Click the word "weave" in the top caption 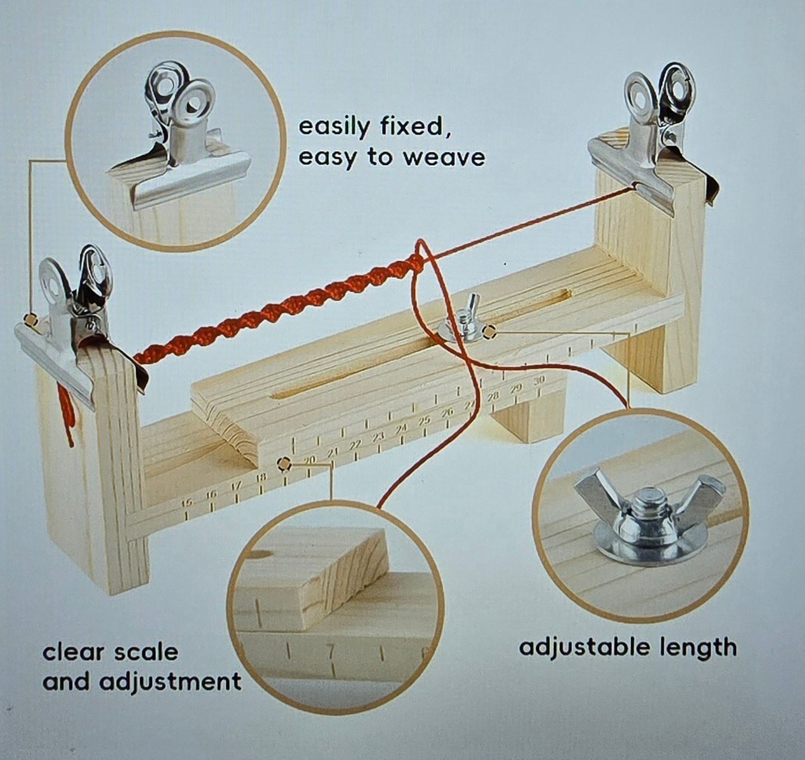coord(444,158)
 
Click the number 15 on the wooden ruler coord(186,503)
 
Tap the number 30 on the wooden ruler coord(539,381)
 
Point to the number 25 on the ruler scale coord(423,421)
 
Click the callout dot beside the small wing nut coord(490,333)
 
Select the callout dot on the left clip coord(30,321)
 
